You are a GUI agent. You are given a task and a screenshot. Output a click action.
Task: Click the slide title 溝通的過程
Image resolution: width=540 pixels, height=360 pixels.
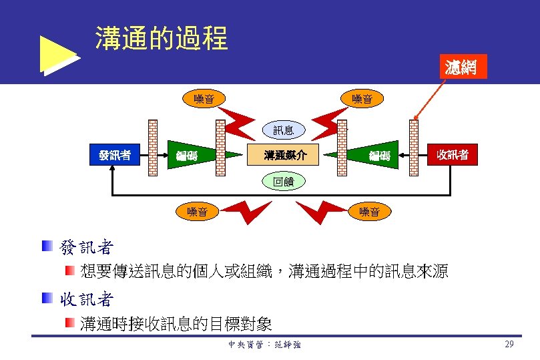tap(162, 39)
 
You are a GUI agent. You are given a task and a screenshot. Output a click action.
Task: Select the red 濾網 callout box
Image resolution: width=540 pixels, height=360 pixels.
tap(461, 67)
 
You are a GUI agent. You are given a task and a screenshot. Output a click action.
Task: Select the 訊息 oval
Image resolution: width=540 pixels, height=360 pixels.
tap(283, 130)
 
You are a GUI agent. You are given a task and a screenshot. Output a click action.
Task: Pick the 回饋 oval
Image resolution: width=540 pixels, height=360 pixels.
tap(283, 180)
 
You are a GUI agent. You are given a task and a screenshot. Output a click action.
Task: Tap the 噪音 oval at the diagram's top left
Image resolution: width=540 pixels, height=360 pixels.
tap(204, 100)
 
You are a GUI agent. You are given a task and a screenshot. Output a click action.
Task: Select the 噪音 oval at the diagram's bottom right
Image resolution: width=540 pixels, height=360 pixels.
tap(370, 212)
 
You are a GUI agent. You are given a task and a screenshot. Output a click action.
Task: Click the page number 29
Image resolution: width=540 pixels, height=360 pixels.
tap(509, 345)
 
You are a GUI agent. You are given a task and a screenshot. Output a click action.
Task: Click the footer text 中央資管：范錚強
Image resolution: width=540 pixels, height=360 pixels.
tap(264, 345)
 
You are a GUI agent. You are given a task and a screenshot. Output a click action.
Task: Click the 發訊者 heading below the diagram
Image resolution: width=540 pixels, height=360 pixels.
tap(87, 248)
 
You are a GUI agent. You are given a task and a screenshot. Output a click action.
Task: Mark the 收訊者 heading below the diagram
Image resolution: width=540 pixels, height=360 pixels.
tap(87, 299)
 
